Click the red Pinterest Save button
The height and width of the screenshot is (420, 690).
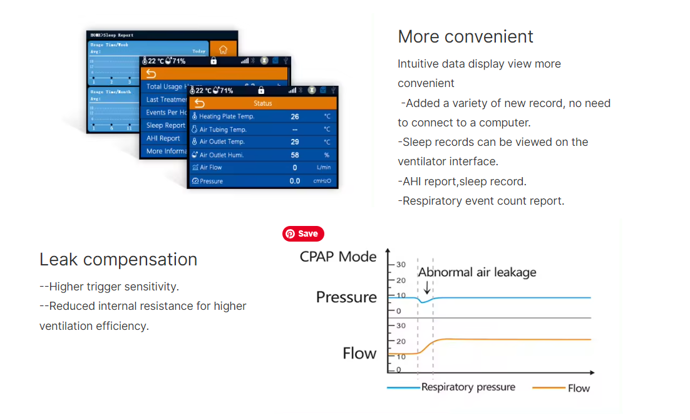pos(304,233)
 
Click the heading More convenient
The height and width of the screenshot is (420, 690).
pos(465,36)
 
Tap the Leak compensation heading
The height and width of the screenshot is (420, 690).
pos(118,259)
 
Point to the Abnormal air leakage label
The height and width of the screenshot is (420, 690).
pos(477,272)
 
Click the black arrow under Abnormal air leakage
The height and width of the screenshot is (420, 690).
pos(426,287)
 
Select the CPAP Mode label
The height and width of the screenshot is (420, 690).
pos(338,257)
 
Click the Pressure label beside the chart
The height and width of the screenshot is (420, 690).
pos(346,297)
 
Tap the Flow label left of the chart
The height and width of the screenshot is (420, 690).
pos(359,354)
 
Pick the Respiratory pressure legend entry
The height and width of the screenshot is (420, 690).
pos(468,387)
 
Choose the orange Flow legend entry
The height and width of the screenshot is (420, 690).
pos(578,388)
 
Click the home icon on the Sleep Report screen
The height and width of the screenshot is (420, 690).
pos(223,50)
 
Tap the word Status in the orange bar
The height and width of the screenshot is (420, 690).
pos(263,103)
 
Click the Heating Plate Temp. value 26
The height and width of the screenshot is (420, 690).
pos(295,116)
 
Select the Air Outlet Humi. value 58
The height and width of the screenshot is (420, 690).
pos(295,155)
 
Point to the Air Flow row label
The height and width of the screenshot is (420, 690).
pos(211,168)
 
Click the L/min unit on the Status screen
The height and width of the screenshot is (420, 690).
pos(324,168)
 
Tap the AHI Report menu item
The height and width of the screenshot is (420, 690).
pos(163,138)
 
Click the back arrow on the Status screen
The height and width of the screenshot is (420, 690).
pos(200,103)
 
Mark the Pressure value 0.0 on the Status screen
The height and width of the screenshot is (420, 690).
pos(295,182)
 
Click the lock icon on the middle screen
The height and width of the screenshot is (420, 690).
pos(214,61)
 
